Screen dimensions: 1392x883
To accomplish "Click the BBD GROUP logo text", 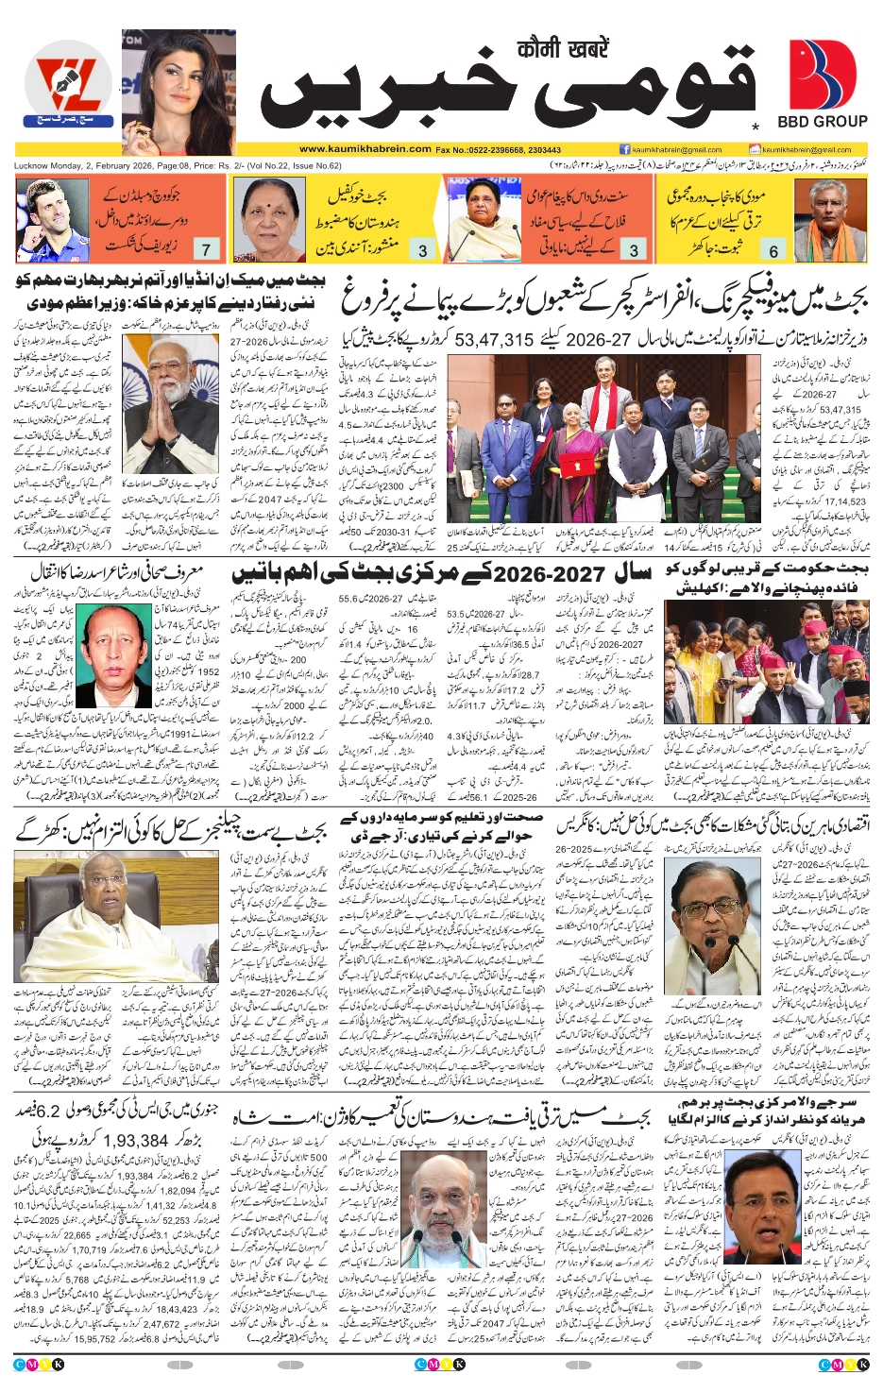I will click(x=822, y=122).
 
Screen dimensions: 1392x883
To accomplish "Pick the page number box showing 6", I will click(x=773, y=250).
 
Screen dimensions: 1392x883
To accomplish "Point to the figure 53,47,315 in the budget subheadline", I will click(x=494, y=339).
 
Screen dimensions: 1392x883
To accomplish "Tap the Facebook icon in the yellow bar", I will click(x=624, y=149).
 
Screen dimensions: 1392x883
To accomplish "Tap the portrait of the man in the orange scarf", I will click(x=817, y=220).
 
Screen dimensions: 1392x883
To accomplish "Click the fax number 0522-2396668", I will click(x=489, y=149).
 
